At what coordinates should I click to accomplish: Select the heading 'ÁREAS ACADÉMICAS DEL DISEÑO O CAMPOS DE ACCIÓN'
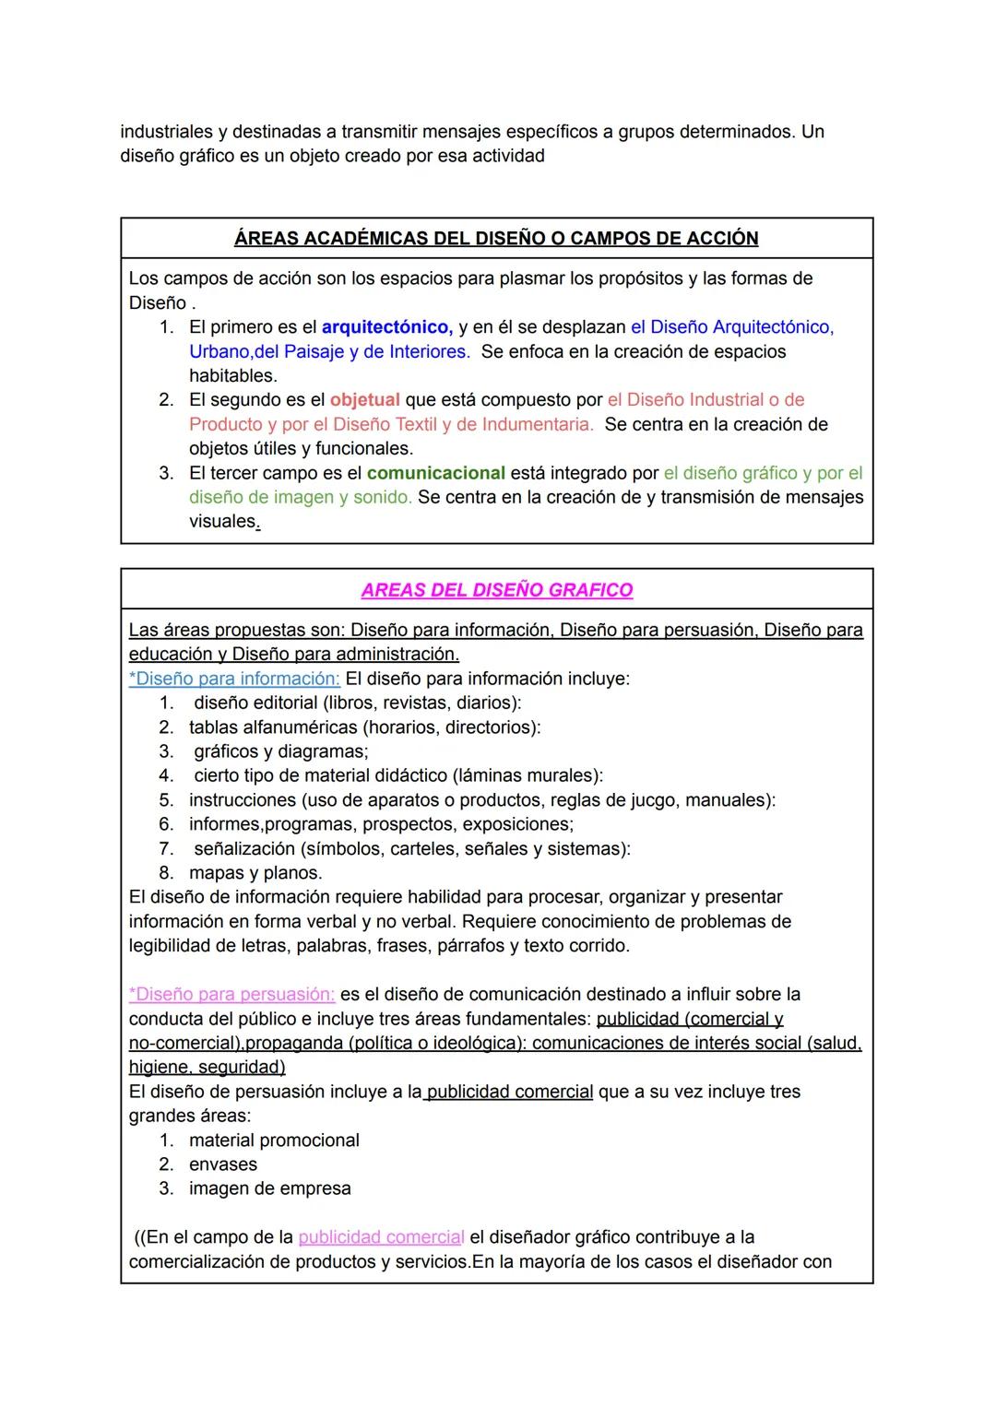496,239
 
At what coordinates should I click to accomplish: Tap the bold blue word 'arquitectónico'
386,327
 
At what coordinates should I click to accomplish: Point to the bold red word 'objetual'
364,400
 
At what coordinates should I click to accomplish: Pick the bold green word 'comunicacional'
435,473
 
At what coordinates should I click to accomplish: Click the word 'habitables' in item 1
231,376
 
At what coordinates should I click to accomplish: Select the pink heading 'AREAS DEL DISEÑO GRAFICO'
496,590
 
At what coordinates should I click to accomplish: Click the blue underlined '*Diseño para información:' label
234,679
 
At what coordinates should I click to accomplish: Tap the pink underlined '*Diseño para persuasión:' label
231,995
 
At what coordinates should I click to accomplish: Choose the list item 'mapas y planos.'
255,873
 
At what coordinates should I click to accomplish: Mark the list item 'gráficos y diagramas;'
280,751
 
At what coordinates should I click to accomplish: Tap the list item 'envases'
223,1164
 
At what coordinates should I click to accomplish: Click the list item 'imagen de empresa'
269,1188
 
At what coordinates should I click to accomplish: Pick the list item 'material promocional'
274,1140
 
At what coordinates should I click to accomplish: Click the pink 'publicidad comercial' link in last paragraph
381,1237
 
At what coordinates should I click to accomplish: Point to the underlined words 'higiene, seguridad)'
207,1068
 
